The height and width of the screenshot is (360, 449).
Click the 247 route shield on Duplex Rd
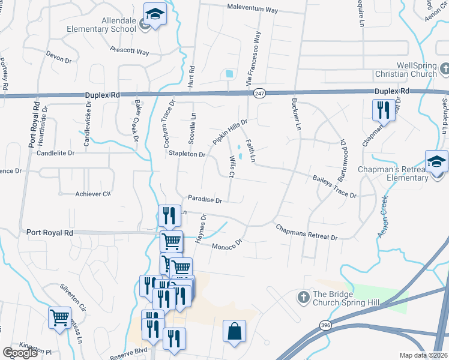[259, 94]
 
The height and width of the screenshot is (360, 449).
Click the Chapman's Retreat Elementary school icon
[436, 161]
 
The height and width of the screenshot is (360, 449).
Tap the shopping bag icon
[234, 331]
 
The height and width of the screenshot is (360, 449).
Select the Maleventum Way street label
[253, 10]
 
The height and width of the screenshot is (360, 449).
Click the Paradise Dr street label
[205, 199]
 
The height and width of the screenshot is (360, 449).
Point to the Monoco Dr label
[226, 244]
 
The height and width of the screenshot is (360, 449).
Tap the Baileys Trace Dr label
[334, 187]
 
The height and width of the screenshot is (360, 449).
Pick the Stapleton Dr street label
[187, 154]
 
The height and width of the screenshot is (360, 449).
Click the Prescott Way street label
[130, 52]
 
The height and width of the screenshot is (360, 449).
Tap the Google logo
[20, 353]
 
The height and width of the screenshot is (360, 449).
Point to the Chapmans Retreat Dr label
[306, 232]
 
